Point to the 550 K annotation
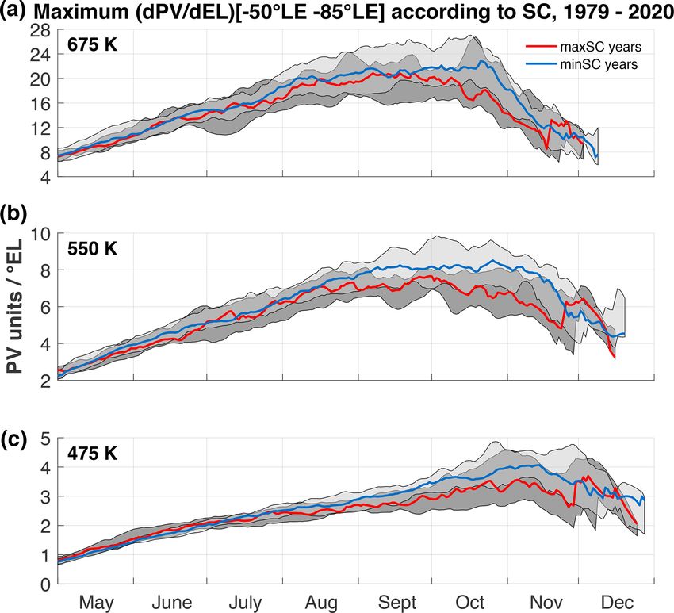[x=92, y=248]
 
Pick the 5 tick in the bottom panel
[x=45, y=439]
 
